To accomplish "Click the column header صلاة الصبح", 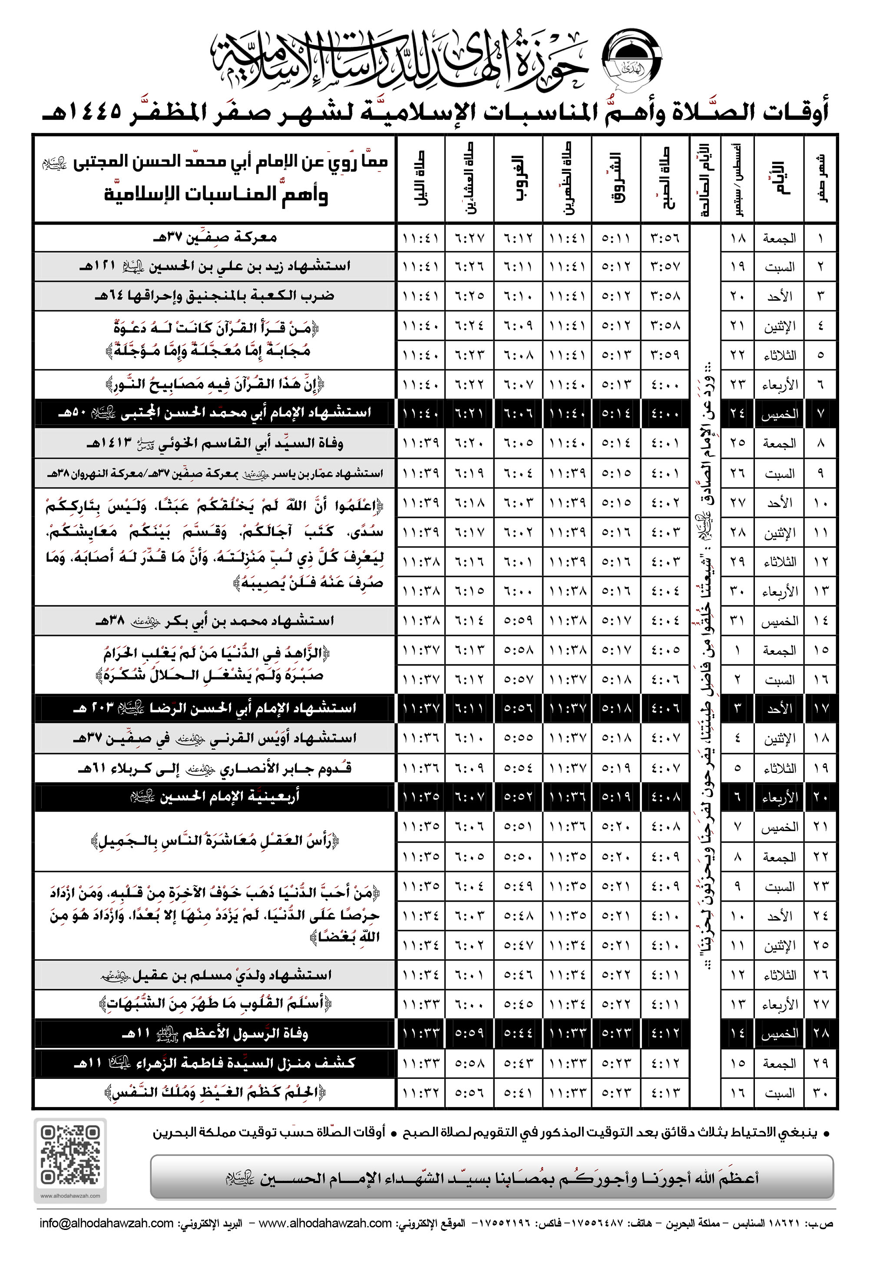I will pyautogui.click(x=665, y=179).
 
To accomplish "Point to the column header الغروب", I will pyautogui.click(x=518, y=179).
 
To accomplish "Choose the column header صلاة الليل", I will pyautogui.click(x=420, y=179).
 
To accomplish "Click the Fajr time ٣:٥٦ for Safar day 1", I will pyautogui.click(x=665, y=238).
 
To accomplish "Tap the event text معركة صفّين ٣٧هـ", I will pyautogui.click(x=215, y=237).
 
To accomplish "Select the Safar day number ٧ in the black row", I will pyautogui.click(x=820, y=414).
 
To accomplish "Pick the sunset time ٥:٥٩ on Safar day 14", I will pyautogui.click(x=518, y=620).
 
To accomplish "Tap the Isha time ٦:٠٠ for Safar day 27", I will pyautogui.click(x=470, y=1004).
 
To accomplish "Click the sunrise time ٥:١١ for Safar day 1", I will pyautogui.click(x=616, y=238).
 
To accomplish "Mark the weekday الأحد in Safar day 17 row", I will pyautogui.click(x=779, y=709).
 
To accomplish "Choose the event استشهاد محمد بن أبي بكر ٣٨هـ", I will pyautogui.click(x=215, y=620).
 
